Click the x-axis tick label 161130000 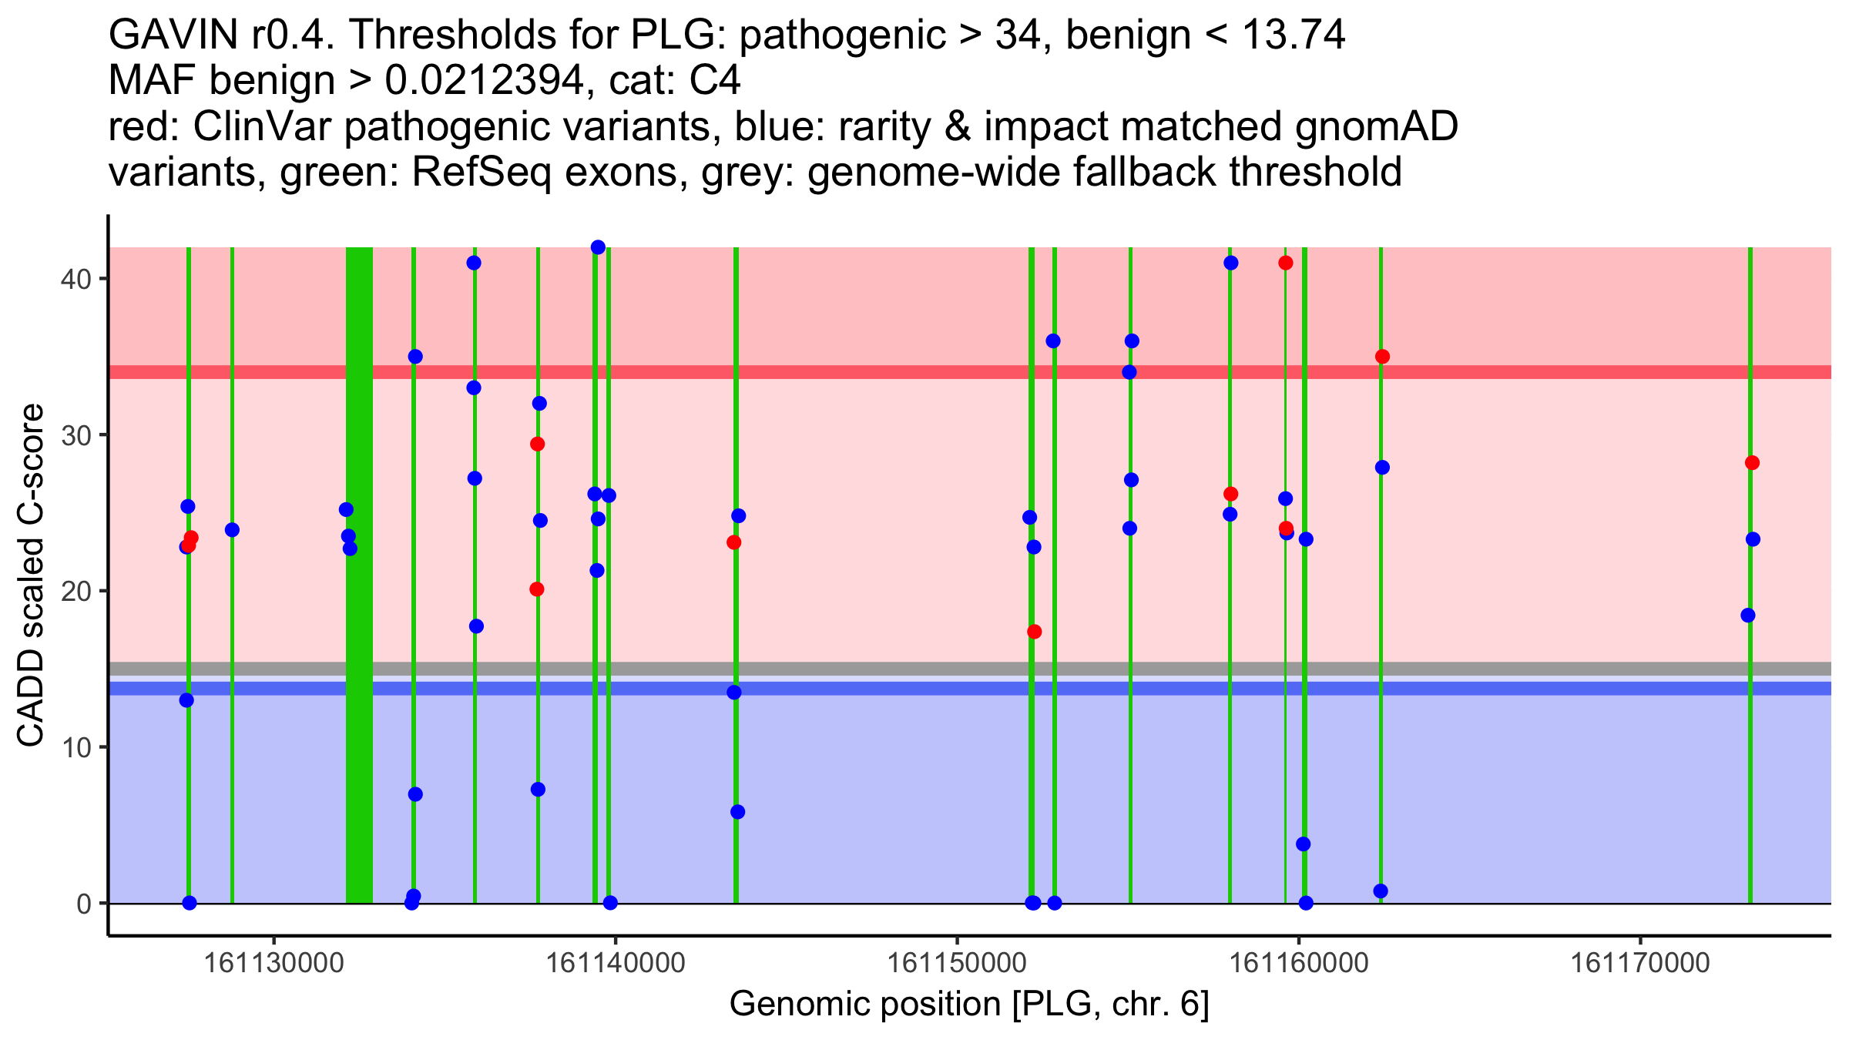[273, 962]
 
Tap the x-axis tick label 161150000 [957, 962]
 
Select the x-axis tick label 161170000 [1640, 962]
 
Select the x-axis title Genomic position [969, 1004]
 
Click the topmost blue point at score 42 [598, 247]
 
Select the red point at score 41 [1285, 263]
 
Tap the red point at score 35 [1382, 357]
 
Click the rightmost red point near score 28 [1752, 463]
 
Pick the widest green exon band [359, 575]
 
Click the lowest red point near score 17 [1034, 632]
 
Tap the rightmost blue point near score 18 [1748, 616]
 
